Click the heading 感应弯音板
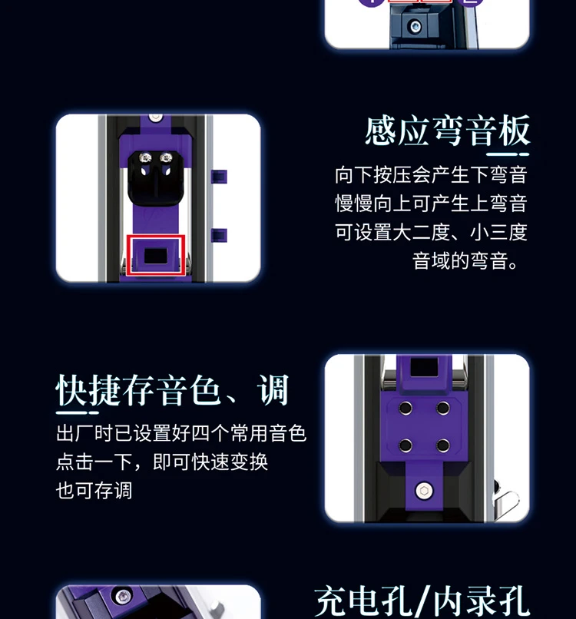tap(447, 131)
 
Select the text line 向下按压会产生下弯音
tap(431, 174)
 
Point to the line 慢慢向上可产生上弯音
tap(431, 204)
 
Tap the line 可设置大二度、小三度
tap(431, 232)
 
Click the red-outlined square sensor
tap(157, 254)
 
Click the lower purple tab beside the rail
tap(220, 235)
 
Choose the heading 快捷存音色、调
tap(172, 390)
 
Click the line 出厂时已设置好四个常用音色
tap(181, 434)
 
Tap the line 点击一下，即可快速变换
tap(162, 462)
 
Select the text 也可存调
tap(94, 491)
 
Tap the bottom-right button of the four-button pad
tap(443, 445)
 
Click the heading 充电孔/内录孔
tap(422, 601)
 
